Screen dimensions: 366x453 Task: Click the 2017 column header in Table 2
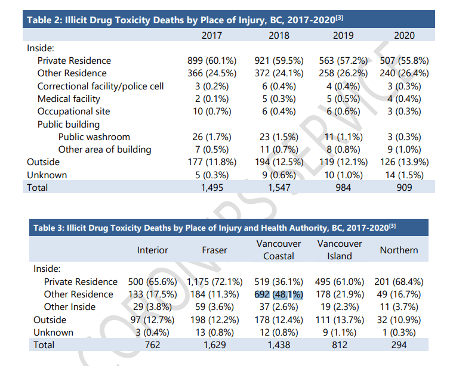pos(212,35)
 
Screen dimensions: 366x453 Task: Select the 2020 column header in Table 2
pos(404,35)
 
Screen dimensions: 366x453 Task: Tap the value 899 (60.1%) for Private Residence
pos(212,61)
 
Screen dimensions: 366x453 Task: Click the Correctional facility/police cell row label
pos(100,86)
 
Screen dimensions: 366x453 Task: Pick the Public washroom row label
pos(94,137)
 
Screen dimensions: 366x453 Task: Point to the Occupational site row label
pos(73,111)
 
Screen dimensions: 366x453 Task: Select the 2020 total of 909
pos(404,188)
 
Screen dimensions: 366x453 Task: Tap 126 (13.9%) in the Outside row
pos(404,162)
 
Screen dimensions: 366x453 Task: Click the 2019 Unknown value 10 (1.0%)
pos(340,175)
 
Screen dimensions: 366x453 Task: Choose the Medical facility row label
pos(69,99)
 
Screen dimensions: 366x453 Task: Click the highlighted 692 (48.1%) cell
pos(279,294)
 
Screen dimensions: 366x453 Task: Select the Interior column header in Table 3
pos(153,250)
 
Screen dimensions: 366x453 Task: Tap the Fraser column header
pos(214,250)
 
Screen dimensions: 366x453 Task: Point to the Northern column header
pos(398,250)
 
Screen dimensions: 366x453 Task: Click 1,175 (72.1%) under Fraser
pos(214,281)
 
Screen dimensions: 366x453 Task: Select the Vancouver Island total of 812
pos(339,345)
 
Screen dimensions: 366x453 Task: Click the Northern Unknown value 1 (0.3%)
pos(398,333)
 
